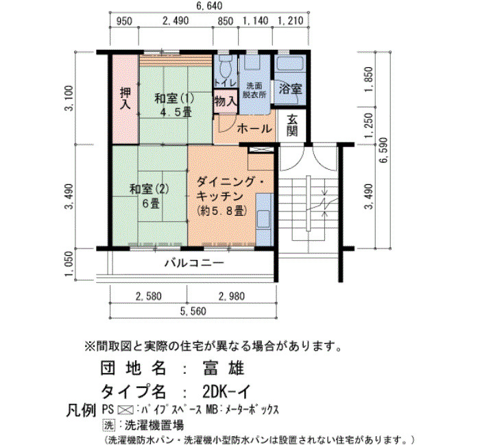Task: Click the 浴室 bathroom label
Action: pos(290,88)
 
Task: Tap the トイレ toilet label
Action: pos(226,83)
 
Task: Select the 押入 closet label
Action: pos(125,99)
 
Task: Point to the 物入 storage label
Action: pos(226,101)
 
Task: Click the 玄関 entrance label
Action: pos(292,125)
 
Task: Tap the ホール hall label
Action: pos(254,129)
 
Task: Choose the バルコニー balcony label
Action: pos(194,263)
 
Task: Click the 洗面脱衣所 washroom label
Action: pos(254,90)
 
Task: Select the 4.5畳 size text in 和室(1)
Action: pos(176,112)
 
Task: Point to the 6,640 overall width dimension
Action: pos(209,5)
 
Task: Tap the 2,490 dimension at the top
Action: pos(176,21)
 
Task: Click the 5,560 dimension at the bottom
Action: pos(193,311)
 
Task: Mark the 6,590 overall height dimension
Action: pos(384,151)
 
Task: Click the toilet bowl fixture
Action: pos(226,66)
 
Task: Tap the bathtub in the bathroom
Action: pos(289,63)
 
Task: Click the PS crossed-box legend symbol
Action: pos(125,409)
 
